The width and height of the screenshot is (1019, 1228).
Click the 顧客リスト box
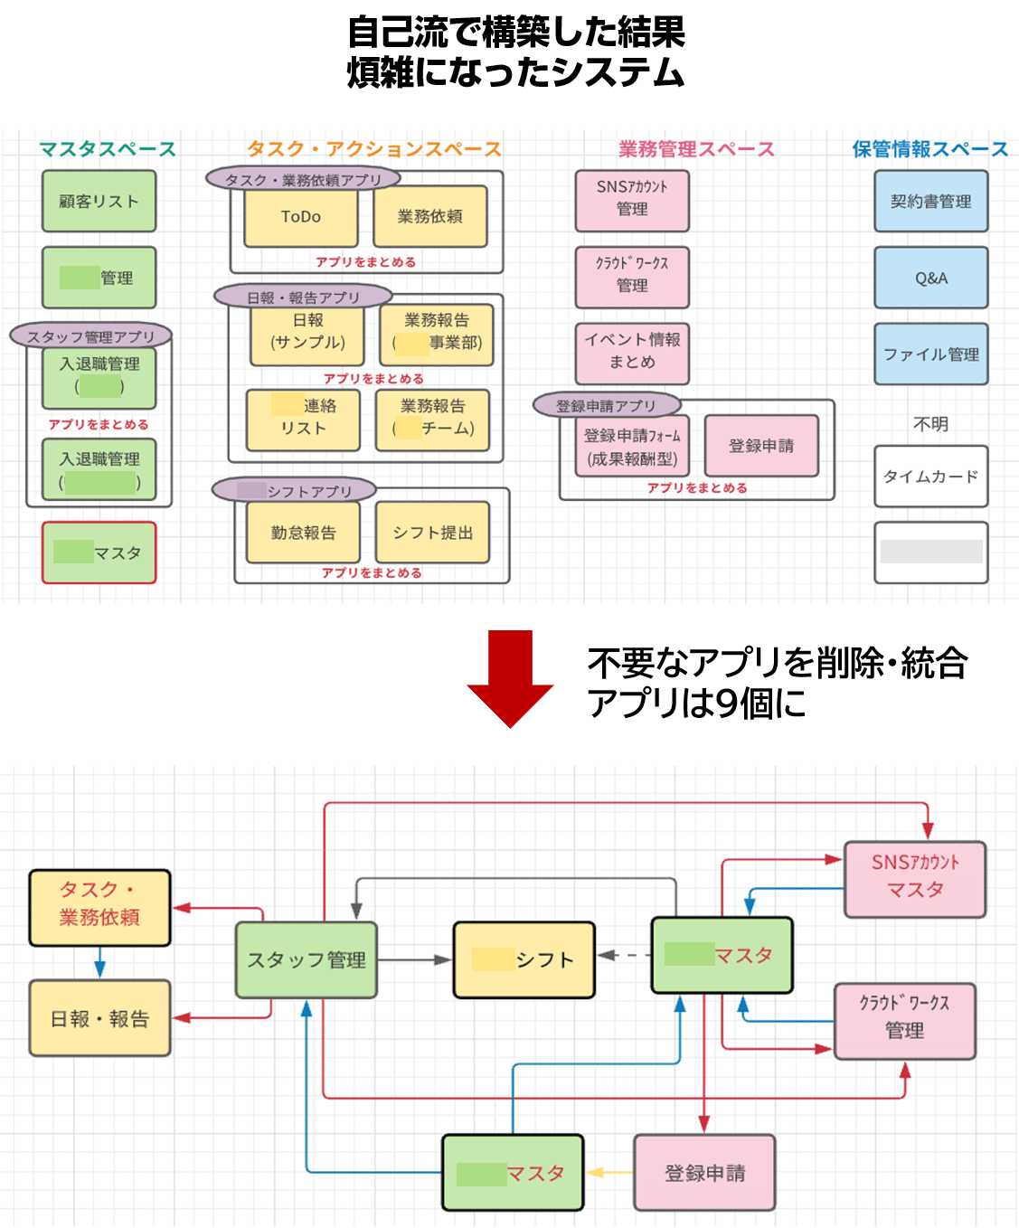tap(99, 201)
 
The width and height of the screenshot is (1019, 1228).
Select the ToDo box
tap(301, 216)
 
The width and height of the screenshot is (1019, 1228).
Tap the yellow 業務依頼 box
tap(430, 216)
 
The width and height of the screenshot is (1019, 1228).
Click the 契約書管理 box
tap(930, 201)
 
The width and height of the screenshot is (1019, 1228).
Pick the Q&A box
tap(930, 278)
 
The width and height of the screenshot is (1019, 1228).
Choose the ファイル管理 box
tap(930, 354)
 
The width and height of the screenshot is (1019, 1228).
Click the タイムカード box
tap(930, 477)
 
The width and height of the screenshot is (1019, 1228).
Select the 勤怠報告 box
tap(303, 533)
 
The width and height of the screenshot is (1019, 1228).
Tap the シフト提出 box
tap(432, 533)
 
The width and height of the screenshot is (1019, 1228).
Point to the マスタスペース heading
tap(107, 149)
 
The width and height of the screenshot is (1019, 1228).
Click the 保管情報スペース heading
tap(929, 149)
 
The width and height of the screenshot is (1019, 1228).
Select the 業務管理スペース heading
tap(696, 149)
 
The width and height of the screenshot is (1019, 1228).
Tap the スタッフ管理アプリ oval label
tap(90, 336)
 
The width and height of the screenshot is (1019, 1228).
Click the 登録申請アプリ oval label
tap(606, 405)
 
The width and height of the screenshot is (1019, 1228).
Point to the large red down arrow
tap(511, 678)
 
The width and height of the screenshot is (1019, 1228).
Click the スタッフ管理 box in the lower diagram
tap(307, 959)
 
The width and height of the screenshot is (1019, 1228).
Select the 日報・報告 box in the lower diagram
tap(99, 1018)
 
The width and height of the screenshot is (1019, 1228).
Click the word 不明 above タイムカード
tap(930, 424)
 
